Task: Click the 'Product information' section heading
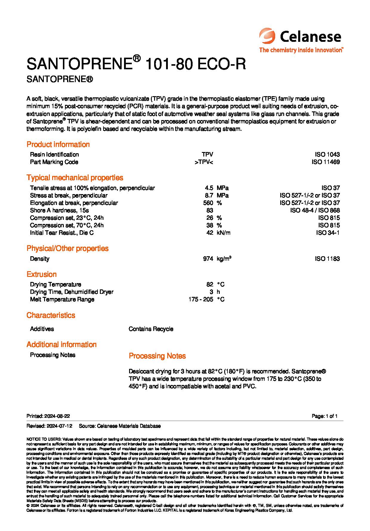point(58,145)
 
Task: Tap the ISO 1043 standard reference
point(327,154)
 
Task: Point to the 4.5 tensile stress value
point(209,188)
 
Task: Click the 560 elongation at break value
point(208,203)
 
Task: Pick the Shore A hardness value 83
point(210,210)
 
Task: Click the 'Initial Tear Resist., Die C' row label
point(62,233)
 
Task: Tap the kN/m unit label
point(224,233)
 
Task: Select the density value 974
point(208,259)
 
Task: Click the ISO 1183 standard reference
point(327,259)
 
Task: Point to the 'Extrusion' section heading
point(41,274)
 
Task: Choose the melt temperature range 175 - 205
point(201,299)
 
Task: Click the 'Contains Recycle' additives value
point(151,329)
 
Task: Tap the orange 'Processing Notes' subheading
point(157,356)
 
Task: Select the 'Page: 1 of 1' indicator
point(324,416)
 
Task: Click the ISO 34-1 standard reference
point(328,233)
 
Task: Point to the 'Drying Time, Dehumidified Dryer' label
point(72,292)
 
